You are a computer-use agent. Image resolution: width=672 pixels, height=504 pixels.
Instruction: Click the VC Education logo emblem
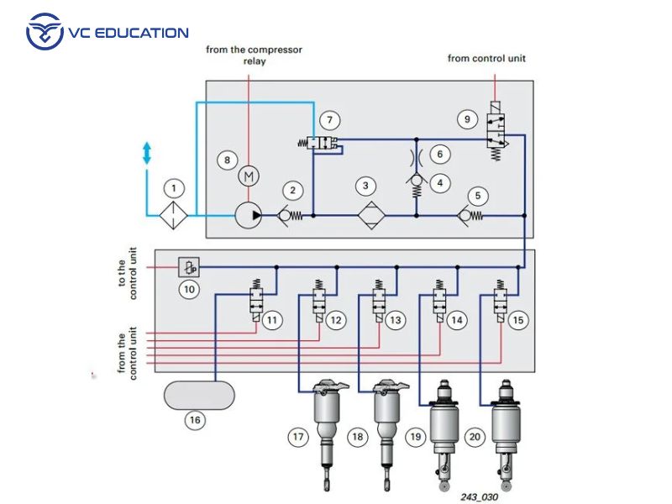[x=45, y=33]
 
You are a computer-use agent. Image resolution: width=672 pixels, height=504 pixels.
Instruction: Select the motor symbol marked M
[x=248, y=176]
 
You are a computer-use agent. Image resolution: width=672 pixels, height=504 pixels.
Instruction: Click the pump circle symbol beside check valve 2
[x=248, y=216]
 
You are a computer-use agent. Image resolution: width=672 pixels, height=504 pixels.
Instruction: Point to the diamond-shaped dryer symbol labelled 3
[x=366, y=216]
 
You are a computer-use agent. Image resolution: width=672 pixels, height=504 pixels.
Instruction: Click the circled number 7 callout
[x=334, y=120]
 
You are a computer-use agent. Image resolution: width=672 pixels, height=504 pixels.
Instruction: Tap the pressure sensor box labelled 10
[x=189, y=268]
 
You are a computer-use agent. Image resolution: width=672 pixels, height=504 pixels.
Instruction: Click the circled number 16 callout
[x=195, y=421]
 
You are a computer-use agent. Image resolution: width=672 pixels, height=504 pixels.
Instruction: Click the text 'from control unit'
[x=486, y=59]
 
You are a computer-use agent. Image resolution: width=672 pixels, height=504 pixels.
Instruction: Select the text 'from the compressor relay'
[x=254, y=55]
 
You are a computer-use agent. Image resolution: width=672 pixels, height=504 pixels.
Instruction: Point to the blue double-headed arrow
[x=147, y=153]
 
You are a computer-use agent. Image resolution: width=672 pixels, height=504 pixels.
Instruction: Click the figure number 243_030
[x=479, y=496]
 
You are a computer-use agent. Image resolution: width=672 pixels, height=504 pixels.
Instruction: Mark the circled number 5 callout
[x=478, y=197]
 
